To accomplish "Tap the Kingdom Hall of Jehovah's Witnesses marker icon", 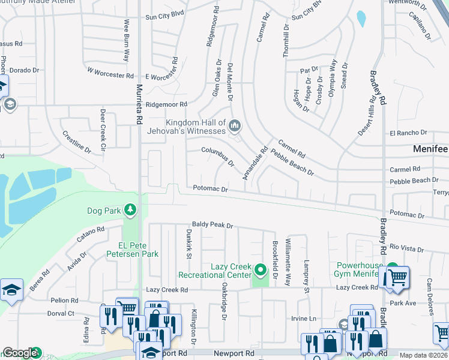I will click(235, 126).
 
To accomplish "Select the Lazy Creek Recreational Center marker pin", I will click(261, 270).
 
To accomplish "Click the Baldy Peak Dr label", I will click(212, 225).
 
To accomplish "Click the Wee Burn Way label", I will click(127, 40).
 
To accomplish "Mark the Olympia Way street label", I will click(331, 78).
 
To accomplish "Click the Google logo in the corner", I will click(20, 353).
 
